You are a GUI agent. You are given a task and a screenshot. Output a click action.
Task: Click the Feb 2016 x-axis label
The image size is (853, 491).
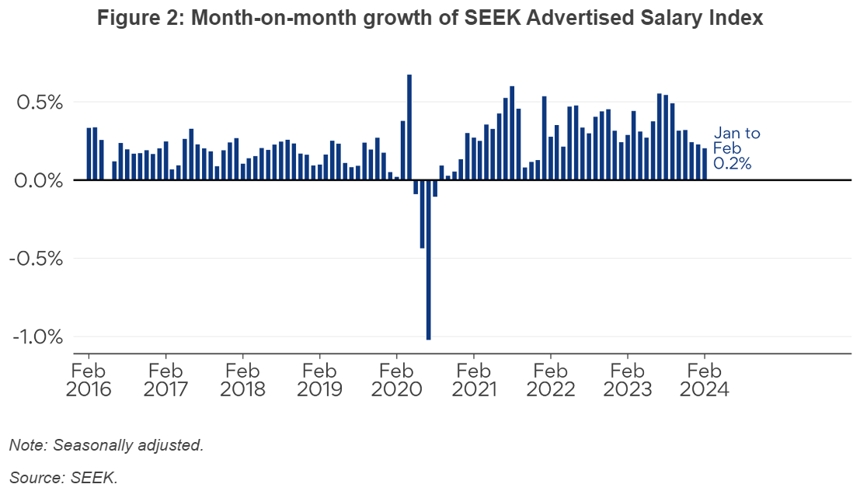pyautogui.click(x=89, y=379)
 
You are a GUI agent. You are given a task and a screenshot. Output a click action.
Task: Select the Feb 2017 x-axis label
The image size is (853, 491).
pyautogui.click(x=165, y=379)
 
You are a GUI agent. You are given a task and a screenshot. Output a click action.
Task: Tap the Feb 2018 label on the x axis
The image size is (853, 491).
pyautogui.click(x=242, y=379)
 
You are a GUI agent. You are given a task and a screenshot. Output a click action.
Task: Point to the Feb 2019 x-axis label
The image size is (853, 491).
pyautogui.click(x=319, y=379)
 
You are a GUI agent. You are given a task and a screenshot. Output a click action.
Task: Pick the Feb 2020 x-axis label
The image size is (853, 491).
pyautogui.click(x=396, y=379)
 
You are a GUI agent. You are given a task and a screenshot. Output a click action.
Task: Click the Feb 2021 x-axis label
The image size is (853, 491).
pyautogui.click(x=473, y=379)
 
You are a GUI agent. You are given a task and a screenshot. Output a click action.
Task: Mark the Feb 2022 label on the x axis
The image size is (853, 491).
pyautogui.click(x=550, y=379)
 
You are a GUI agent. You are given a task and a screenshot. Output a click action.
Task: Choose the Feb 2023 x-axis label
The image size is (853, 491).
pyautogui.click(x=627, y=379)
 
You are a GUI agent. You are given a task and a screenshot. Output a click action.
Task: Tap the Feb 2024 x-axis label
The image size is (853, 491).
pyautogui.click(x=704, y=379)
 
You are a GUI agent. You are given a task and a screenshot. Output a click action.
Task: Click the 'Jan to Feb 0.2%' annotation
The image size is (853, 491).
pyautogui.click(x=736, y=148)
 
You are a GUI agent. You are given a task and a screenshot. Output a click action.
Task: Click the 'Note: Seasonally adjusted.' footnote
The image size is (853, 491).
pyautogui.click(x=106, y=445)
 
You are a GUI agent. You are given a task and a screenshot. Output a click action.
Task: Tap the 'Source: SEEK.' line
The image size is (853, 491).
pyautogui.click(x=64, y=478)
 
